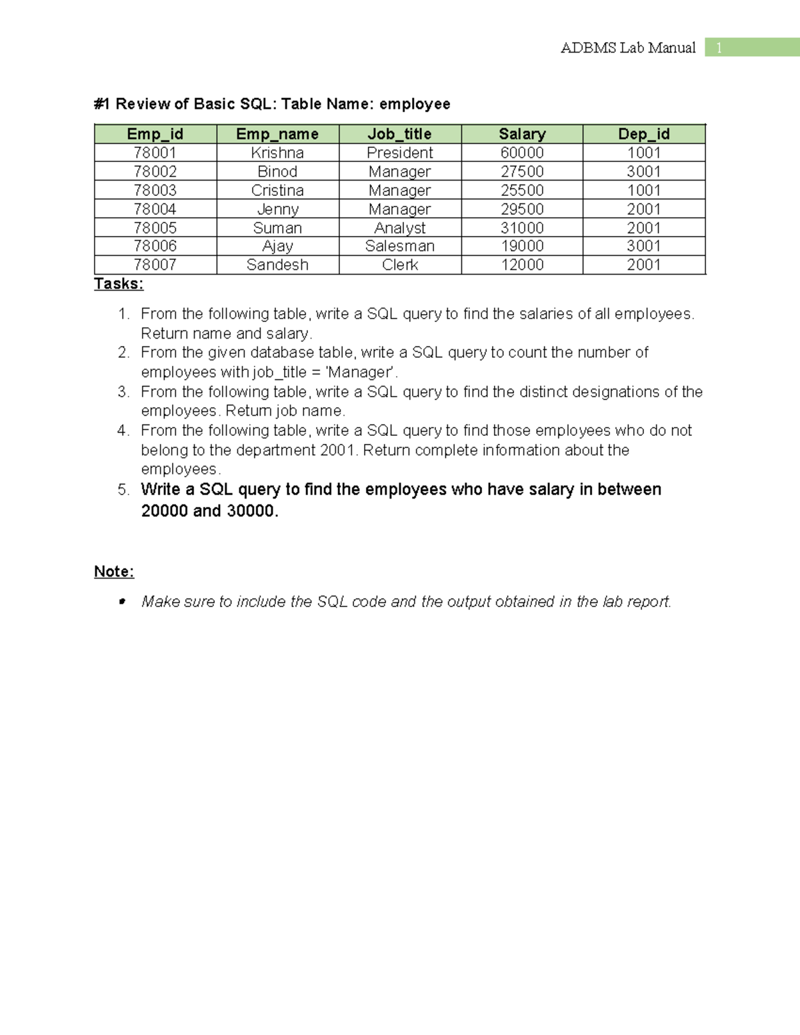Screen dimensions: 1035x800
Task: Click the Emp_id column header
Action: pyautogui.click(x=155, y=134)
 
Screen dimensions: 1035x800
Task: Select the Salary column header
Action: pyautogui.click(x=522, y=134)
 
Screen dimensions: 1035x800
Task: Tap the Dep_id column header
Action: pyautogui.click(x=643, y=134)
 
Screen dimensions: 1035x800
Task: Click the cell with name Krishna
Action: pyautogui.click(x=277, y=153)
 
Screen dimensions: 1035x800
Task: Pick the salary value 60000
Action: pyautogui.click(x=522, y=153)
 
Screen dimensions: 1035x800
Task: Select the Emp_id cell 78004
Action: pyautogui.click(x=155, y=209)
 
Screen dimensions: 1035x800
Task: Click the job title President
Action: pyautogui.click(x=399, y=153)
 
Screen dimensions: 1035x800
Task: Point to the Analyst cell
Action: pyautogui.click(x=399, y=228)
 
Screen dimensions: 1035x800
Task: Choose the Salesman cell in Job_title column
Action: pyautogui.click(x=399, y=246)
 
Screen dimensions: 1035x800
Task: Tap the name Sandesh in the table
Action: pyautogui.click(x=277, y=265)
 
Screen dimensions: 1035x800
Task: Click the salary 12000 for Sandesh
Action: pyautogui.click(x=522, y=265)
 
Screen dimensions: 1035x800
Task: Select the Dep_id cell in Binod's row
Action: pyautogui.click(x=643, y=171)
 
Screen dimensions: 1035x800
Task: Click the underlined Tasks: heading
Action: pyautogui.click(x=119, y=284)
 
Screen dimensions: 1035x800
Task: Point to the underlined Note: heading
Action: pyautogui.click(x=114, y=572)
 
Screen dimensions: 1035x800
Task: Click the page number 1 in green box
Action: pyautogui.click(x=719, y=47)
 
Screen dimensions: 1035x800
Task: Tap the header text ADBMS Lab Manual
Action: pyautogui.click(x=628, y=47)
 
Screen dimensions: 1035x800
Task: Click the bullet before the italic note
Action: pyautogui.click(x=122, y=602)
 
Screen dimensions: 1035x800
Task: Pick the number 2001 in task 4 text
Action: pyautogui.click(x=338, y=450)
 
